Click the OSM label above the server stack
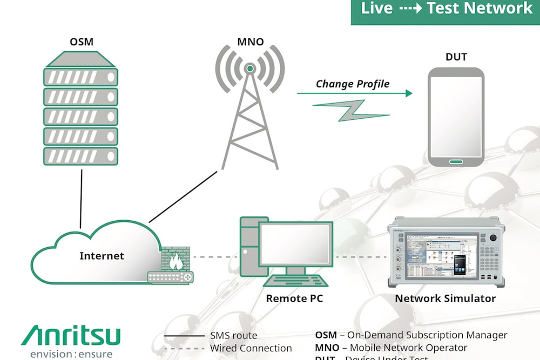80,42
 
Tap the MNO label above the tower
250,42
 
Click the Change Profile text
352,84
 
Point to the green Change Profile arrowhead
409,93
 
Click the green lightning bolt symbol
351,110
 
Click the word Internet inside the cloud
102,255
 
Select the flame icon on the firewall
175,262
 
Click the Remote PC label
295,298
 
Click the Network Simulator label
446,298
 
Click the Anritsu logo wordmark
71,336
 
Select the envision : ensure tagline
71,354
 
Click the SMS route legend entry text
233,336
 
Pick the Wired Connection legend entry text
251,348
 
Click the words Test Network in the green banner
480,9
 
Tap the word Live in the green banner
376,9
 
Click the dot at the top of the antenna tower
250,69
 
